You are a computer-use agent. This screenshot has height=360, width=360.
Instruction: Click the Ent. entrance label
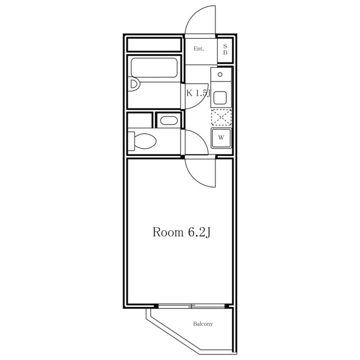[199, 49]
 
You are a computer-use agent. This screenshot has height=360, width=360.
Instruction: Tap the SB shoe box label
[225, 49]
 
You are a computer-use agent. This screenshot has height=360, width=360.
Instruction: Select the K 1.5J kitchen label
[198, 93]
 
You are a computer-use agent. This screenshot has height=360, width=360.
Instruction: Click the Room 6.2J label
[181, 232]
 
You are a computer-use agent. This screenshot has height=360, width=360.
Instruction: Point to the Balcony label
[203, 324]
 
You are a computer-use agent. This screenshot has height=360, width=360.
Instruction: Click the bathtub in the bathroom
[154, 67]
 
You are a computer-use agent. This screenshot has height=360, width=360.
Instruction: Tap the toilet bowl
[145, 141]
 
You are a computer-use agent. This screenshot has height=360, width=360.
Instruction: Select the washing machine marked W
[221, 138]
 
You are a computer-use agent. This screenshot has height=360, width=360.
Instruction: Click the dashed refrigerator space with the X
[221, 118]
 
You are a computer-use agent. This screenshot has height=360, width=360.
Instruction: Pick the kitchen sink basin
[220, 98]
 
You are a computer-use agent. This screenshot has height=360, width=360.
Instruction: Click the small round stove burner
[220, 74]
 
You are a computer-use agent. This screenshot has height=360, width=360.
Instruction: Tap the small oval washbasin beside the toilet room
[169, 120]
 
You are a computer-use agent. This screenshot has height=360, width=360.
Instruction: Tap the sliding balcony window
[191, 306]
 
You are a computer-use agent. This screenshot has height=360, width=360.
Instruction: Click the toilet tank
[131, 141]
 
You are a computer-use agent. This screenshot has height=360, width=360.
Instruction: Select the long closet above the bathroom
[154, 45]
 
